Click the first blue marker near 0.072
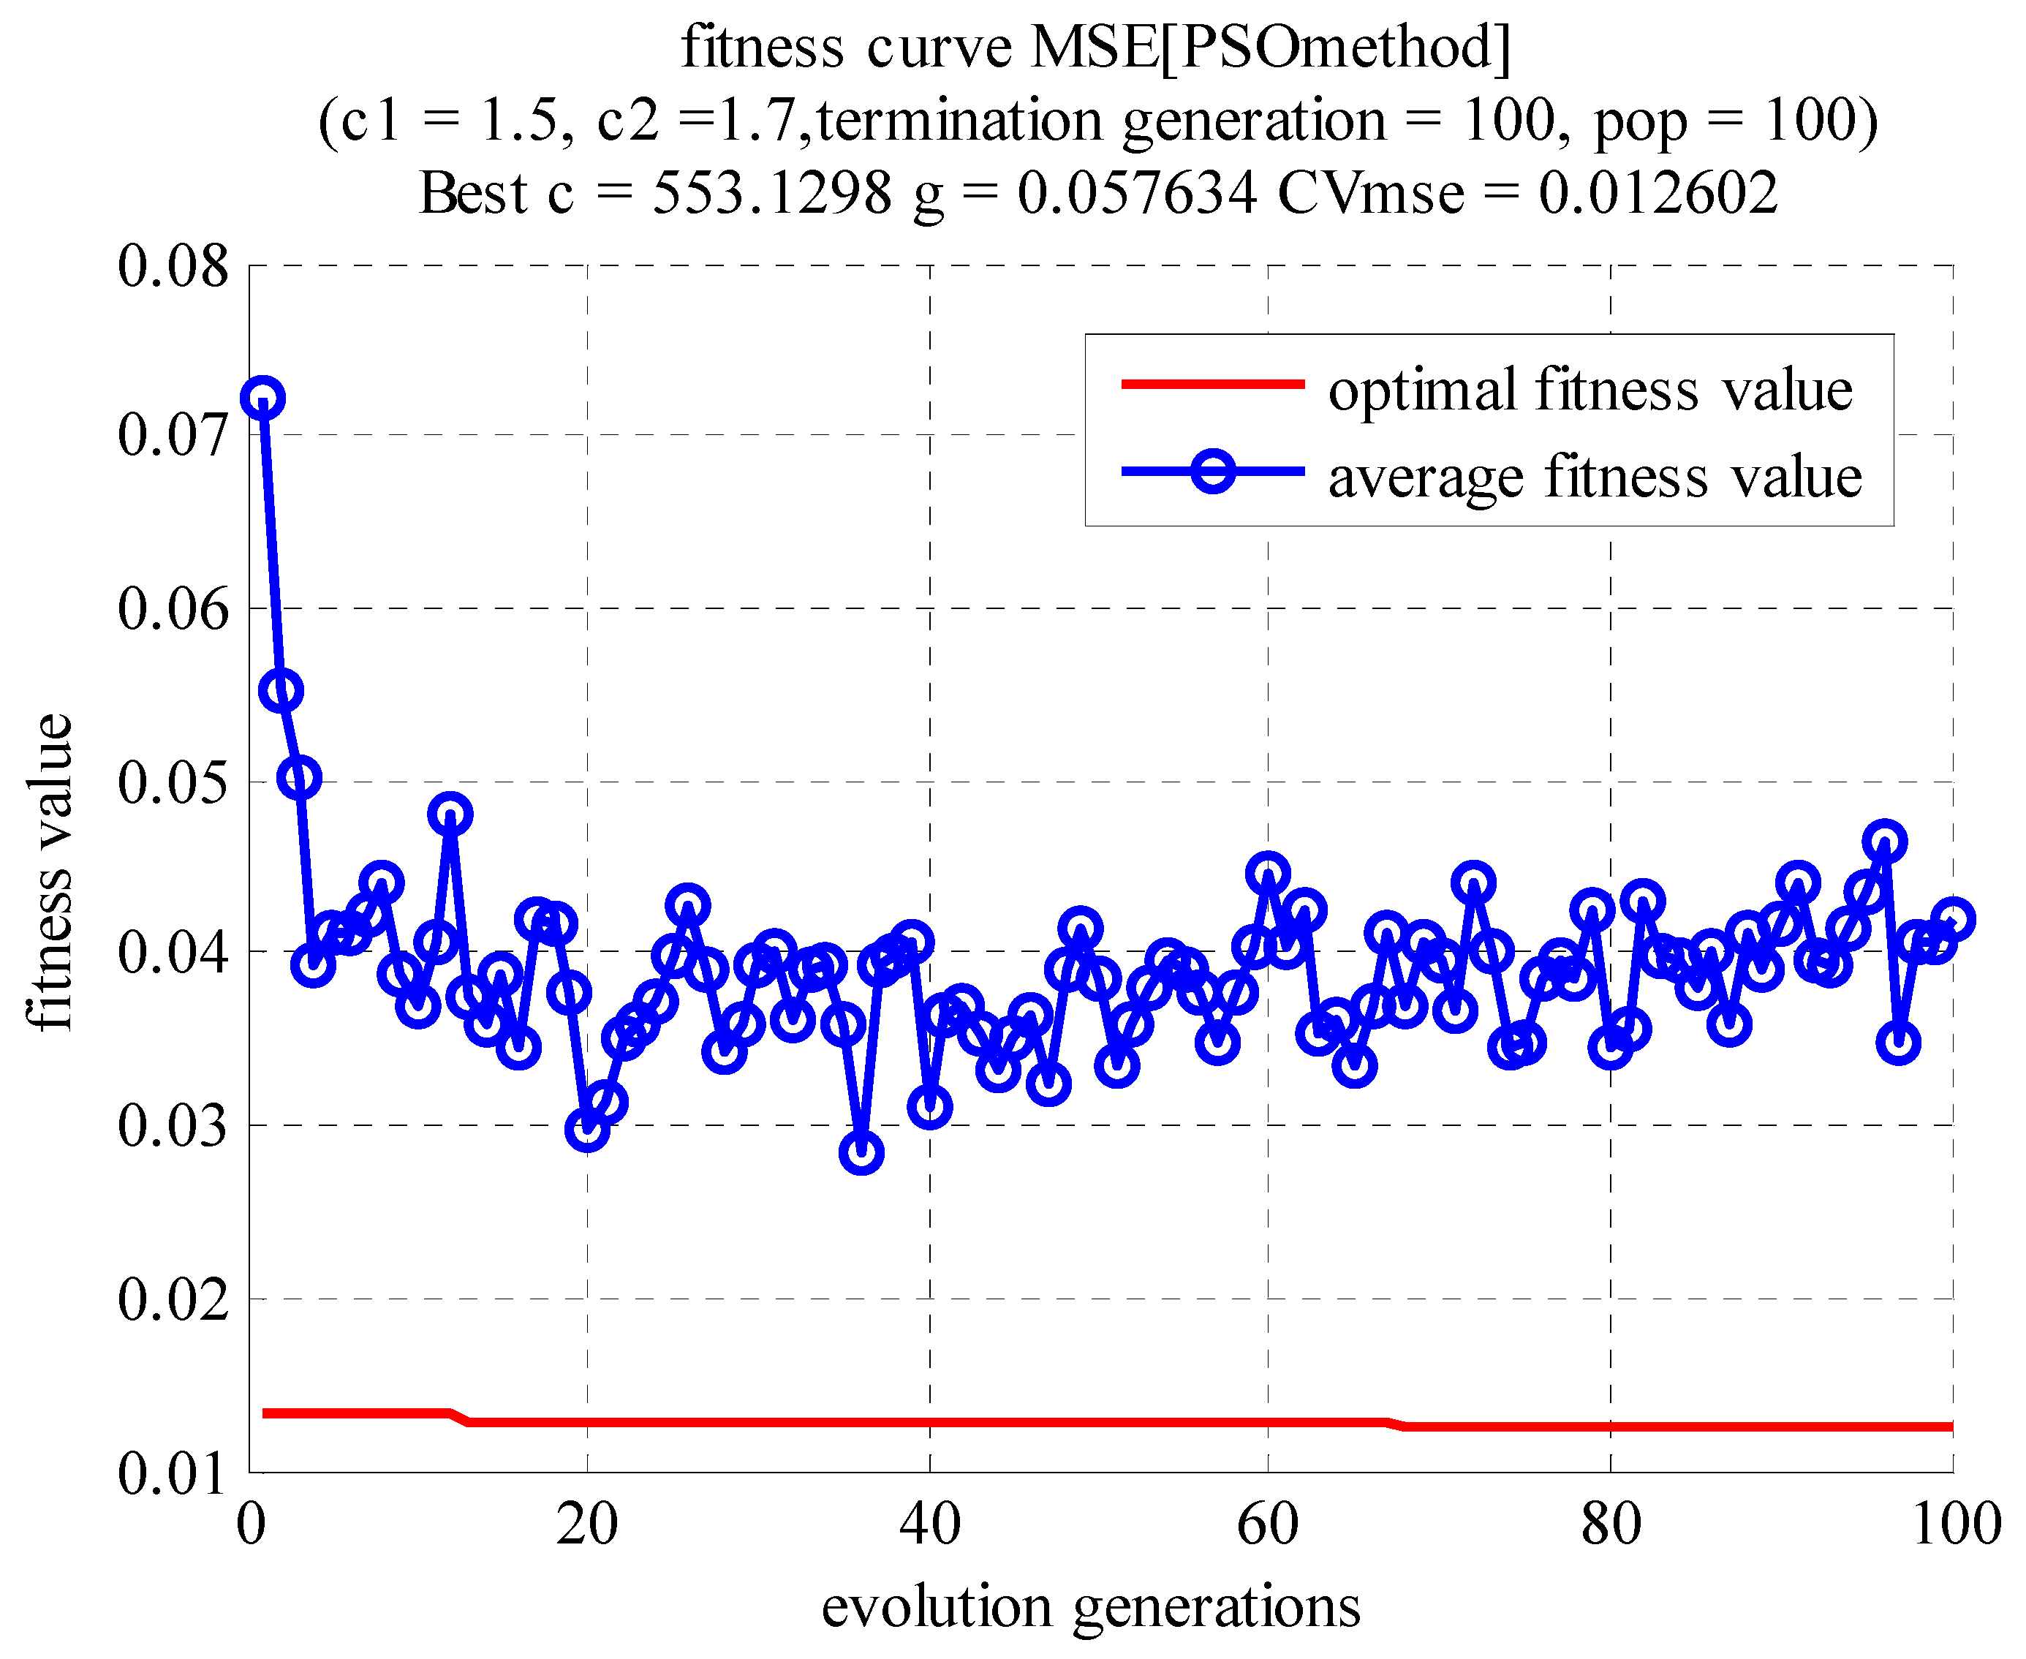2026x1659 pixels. pos(262,398)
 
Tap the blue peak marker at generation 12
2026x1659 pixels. pos(451,815)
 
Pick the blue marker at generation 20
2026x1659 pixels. pos(587,1130)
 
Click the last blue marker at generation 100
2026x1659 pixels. pos(1952,919)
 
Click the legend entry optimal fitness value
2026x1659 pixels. pos(1590,390)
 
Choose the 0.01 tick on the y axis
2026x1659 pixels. pos(173,1473)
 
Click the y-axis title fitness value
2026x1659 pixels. pos(50,872)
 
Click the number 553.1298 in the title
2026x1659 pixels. pos(772,193)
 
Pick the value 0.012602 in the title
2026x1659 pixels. pos(1658,193)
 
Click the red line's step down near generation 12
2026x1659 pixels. pos(458,1417)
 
